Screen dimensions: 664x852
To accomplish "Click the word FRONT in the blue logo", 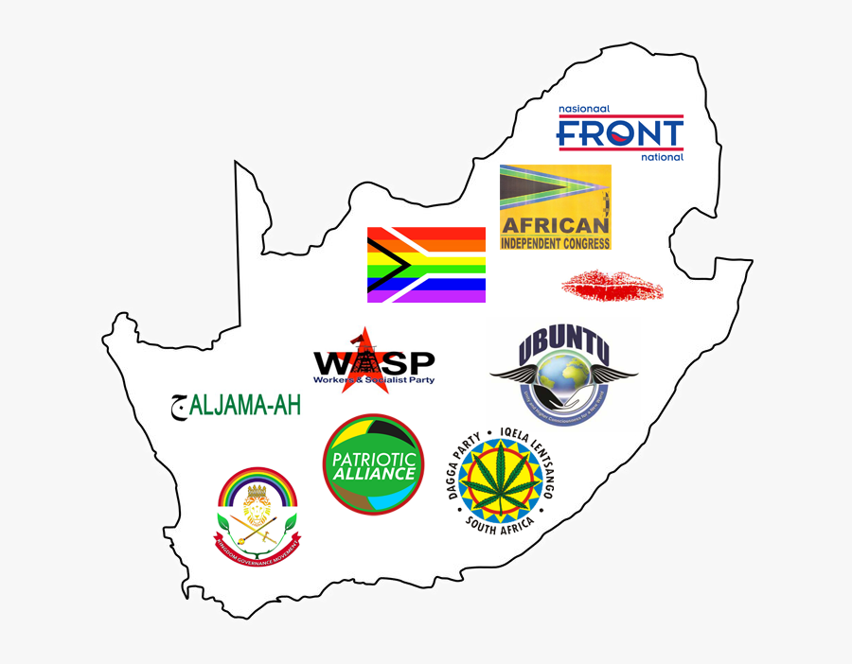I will click(619, 133).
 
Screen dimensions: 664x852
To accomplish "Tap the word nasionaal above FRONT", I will click(585, 110).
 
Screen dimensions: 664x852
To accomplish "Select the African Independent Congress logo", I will click(556, 207).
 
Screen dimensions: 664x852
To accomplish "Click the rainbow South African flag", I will click(426, 265).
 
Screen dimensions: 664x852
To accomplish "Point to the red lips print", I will click(612, 283).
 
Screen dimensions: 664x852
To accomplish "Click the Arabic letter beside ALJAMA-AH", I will click(177, 406).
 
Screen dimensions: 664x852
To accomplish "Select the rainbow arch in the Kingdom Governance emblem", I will click(257, 482).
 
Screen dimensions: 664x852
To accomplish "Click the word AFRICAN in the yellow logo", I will click(555, 225).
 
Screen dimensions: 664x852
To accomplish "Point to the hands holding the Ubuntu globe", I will click(562, 397).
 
